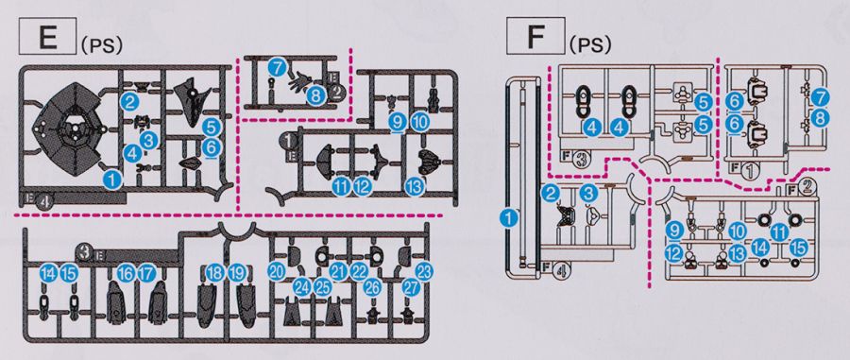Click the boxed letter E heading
click(47, 36)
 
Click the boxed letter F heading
click(535, 36)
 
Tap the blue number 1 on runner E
click(112, 179)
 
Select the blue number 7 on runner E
click(277, 68)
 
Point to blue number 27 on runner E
click(412, 288)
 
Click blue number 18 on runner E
click(215, 274)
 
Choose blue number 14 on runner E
click(48, 274)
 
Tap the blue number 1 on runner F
click(508, 218)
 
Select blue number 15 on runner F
click(798, 248)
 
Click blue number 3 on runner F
click(588, 193)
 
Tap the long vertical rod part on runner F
click(510, 174)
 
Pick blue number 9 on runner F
click(673, 231)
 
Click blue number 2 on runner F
click(552, 193)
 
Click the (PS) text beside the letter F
click(590, 45)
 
